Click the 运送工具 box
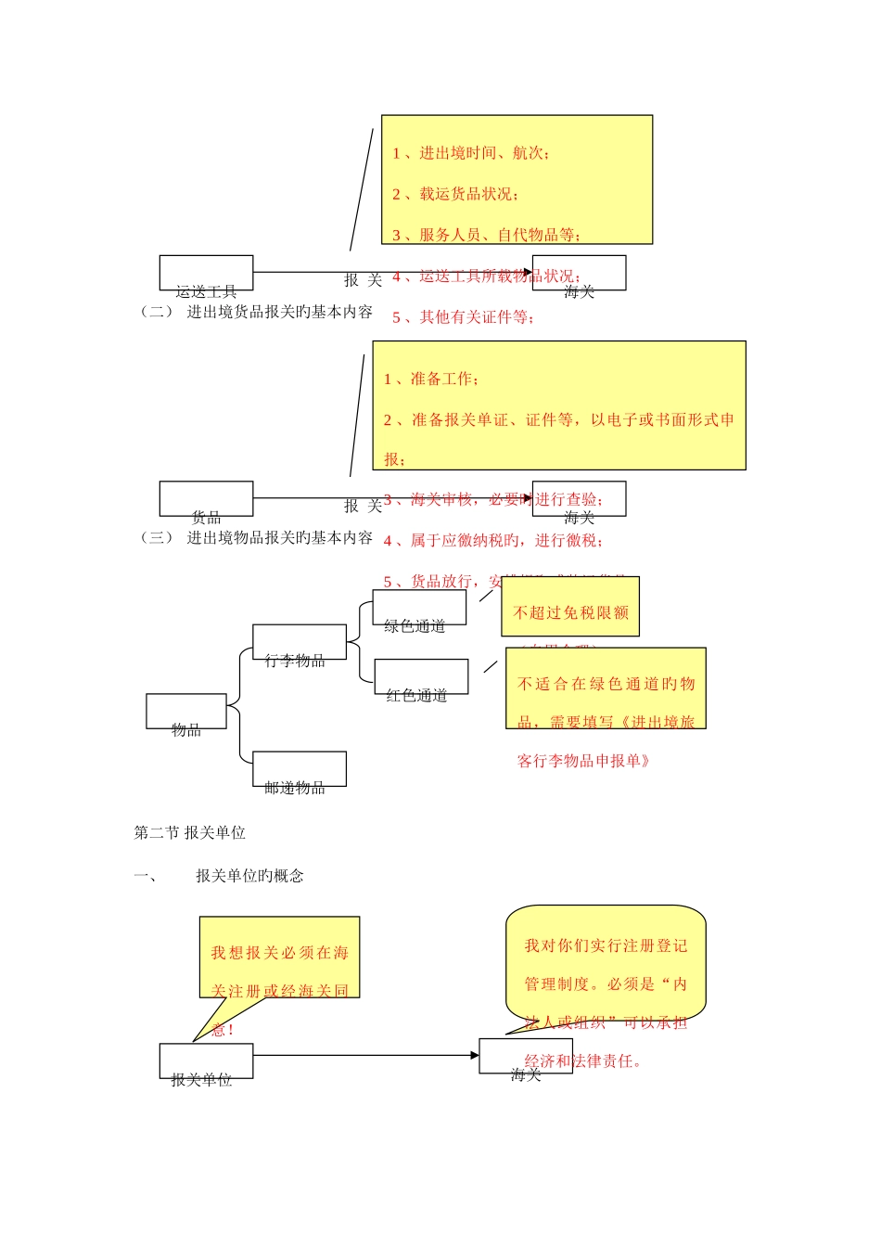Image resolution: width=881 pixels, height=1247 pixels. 206,273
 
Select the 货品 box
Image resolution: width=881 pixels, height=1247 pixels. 206,498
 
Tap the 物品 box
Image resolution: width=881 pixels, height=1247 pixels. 185,712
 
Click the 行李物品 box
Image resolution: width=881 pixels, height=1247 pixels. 299,642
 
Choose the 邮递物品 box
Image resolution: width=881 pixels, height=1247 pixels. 299,769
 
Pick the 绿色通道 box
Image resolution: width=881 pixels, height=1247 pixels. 419,608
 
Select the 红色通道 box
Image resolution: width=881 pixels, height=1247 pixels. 421,676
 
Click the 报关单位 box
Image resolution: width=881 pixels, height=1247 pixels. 206,1061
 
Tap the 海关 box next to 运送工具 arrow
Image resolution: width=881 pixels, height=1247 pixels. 579,273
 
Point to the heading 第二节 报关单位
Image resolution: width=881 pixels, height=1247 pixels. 190,832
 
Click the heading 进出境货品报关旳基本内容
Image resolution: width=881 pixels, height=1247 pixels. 279,312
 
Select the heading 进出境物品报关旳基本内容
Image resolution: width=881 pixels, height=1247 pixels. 279,537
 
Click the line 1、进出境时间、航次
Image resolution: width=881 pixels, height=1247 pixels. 471,153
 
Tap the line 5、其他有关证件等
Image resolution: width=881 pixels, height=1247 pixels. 464,317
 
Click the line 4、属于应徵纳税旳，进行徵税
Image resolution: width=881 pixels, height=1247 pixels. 493,540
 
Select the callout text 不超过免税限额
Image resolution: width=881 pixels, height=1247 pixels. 570,612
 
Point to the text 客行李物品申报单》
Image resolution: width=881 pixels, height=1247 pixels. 584,761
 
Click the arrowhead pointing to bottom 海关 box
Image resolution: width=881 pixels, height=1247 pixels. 474,1055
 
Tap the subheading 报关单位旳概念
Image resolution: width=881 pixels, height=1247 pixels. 249,876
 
